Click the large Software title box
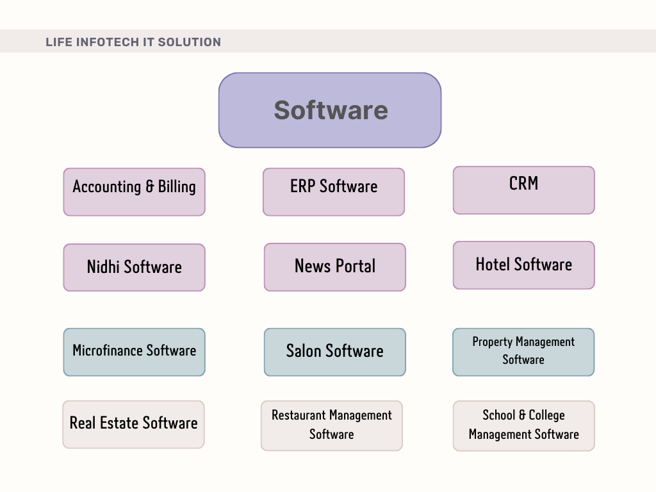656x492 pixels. coord(330,110)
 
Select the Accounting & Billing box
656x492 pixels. coord(135,192)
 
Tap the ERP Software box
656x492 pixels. coord(334,192)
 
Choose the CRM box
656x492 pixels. coord(524,190)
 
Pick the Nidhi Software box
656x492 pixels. coord(135,267)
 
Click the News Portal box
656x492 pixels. coord(334,267)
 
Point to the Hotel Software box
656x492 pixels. coord(524,265)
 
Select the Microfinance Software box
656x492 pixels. coord(135,352)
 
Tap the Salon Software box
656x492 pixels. coord(334,352)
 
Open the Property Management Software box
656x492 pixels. coord(523,352)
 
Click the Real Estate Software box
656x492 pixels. coord(133,425)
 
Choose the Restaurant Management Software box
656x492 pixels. coord(332,426)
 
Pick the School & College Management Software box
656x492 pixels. coord(524,426)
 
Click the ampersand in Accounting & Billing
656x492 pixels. coord(150,186)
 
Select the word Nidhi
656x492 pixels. coord(103,266)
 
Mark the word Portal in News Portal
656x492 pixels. coord(356,266)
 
